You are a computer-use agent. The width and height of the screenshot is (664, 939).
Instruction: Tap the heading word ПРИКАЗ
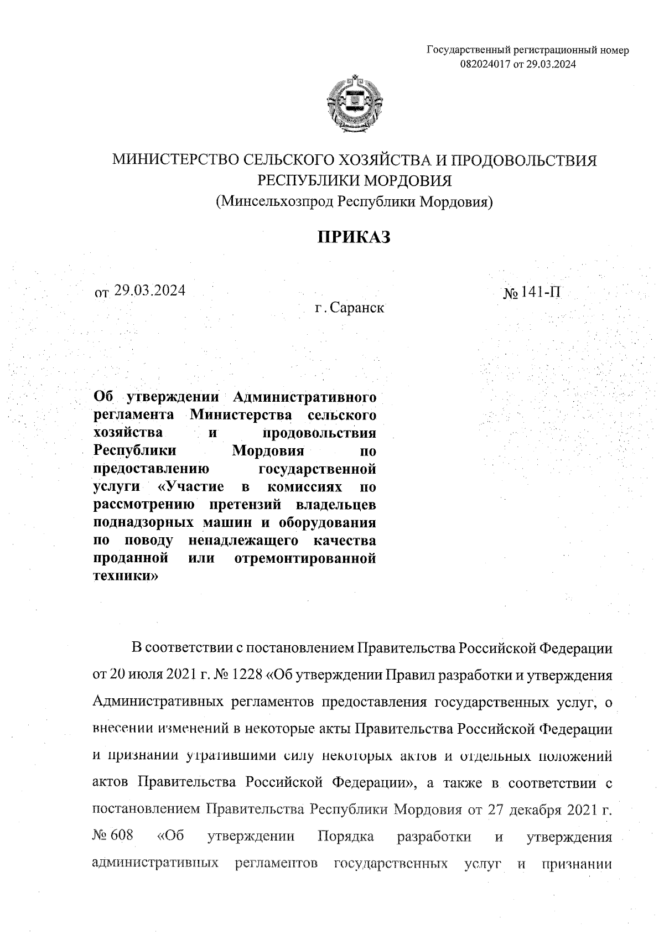pos(354,237)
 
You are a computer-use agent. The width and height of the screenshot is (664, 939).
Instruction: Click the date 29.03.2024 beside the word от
pos(149,290)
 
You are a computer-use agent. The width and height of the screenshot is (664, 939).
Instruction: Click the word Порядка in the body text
pos(346,836)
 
